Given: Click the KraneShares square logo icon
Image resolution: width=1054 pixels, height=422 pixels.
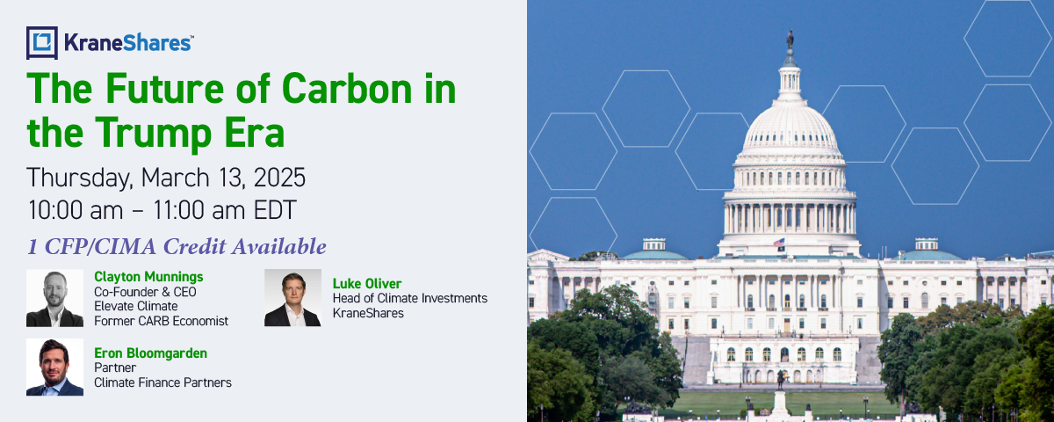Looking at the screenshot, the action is [x=42, y=43].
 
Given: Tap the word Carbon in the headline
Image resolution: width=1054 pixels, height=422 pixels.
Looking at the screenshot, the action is [x=347, y=88].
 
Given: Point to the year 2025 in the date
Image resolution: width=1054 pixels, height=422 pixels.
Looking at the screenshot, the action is [x=279, y=178].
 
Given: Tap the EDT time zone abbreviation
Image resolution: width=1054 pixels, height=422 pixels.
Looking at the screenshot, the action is [x=275, y=210].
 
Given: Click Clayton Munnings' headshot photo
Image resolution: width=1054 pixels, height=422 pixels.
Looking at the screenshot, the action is [x=54, y=298].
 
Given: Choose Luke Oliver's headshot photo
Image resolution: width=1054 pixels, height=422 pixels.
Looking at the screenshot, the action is [x=292, y=298].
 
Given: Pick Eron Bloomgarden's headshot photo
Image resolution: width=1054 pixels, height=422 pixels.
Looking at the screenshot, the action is [x=54, y=367].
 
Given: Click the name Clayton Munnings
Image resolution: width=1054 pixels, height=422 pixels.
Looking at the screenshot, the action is [x=148, y=277].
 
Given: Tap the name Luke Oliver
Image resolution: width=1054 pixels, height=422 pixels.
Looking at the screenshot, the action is [x=367, y=283].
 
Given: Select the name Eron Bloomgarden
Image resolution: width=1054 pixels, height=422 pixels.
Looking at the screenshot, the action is [x=150, y=353].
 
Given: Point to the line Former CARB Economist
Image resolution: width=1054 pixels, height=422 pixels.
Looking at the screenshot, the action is [x=161, y=321].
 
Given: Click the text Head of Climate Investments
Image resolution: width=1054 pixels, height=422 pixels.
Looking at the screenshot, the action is [x=410, y=299].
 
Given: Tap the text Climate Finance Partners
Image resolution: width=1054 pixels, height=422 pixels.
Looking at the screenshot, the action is [x=162, y=382].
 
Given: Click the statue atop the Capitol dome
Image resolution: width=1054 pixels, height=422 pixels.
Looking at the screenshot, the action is [x=790, y=40].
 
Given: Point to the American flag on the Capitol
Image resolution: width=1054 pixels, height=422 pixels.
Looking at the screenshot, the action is [x=779, y=243].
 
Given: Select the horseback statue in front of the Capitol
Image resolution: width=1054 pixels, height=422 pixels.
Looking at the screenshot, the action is [x=781, y=378].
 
